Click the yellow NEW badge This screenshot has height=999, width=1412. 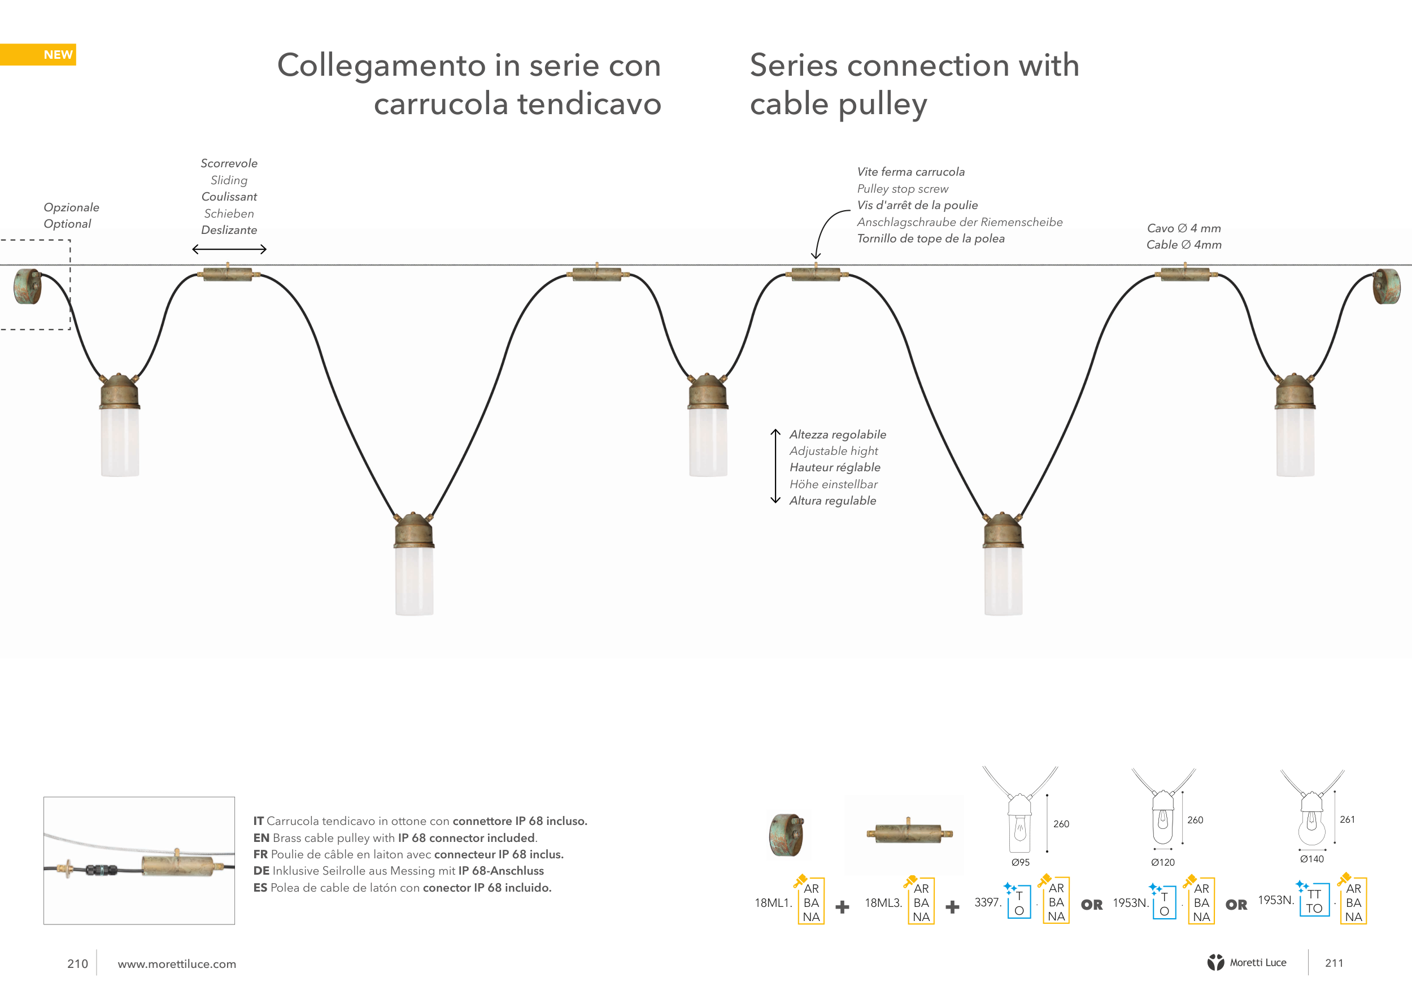[x=38, y=55]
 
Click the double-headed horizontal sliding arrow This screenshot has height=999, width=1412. [x=229, y=249]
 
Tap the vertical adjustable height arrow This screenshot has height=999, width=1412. [x=775, y=466]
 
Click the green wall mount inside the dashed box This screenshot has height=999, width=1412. [x=28, y=286]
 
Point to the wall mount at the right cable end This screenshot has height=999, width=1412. [x=1387, y=286]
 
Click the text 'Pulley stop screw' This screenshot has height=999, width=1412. [x=903, y=189]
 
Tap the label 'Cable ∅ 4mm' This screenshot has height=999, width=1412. [x=1184, y=245]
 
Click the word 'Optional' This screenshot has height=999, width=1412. [x=67, y=224]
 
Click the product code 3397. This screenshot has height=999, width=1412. [x=988, y=902]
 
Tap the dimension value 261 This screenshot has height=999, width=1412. [x=1347, y=819]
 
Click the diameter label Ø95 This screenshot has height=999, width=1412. [x=1020, y=862]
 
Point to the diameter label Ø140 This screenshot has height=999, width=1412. [x=1312, y=859]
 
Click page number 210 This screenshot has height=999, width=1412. [x=77, y=963]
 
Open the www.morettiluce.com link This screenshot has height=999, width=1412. [x=177, y=964]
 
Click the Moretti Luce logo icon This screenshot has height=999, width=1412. [x=1215, y=962]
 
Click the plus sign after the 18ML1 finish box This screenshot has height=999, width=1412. [x=843, y=907]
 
